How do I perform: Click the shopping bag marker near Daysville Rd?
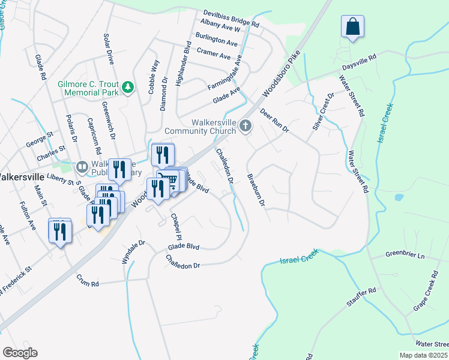tap(353, 27)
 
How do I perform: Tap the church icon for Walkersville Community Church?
tap(245, 125)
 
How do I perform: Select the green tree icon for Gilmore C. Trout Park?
tap(127, 88)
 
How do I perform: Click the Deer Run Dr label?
tap(274, 121)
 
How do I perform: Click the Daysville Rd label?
tap(358, 59)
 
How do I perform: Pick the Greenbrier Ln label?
tap(405, 256)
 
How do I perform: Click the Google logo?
tap(20, 353)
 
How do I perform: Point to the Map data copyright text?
tap(424, 355)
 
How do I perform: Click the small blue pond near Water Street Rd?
tap(397, 197)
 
